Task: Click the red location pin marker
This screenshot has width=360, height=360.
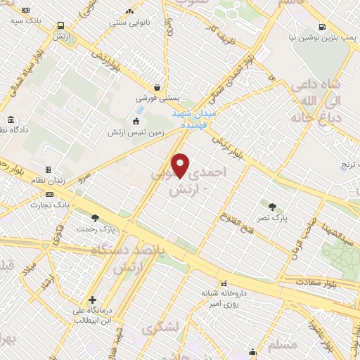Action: [x=181, y=165]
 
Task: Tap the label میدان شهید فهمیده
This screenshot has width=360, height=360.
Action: [x=198, y=117]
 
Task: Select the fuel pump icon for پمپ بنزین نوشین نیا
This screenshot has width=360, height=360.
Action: [x=322, y=28]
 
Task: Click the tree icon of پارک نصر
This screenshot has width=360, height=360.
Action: [x=273, y=205]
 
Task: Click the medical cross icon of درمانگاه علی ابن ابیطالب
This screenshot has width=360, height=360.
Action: [x=92, y=300]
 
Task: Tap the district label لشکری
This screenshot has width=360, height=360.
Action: [x=158, y=329]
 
